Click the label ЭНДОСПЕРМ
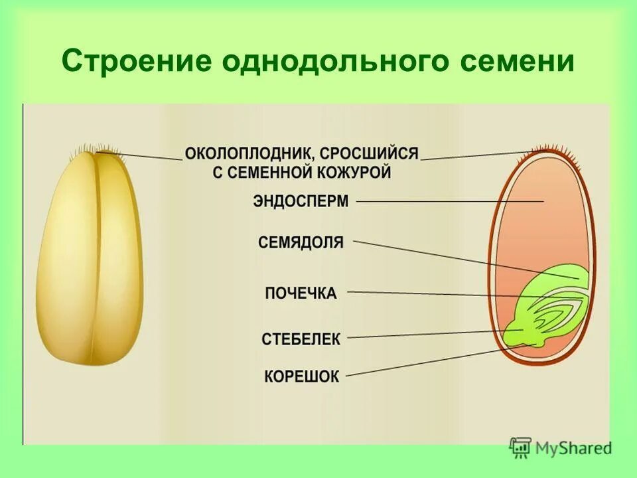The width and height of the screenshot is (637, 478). click(301, 200)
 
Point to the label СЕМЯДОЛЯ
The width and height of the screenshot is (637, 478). click(301, 242)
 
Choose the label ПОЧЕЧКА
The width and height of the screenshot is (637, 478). click(301, 293)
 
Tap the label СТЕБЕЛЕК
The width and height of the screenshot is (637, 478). click(301, 339)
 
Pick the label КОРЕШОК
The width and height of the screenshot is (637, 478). click(301, 376)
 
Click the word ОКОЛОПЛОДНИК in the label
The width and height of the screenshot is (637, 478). click(249, 154)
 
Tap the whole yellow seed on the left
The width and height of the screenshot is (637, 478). click(90, 259)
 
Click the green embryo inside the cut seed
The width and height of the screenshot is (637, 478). click(551, 312)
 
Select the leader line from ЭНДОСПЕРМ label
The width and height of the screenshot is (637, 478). click(451, 200)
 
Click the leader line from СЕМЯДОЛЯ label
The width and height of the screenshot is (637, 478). click(464, 259)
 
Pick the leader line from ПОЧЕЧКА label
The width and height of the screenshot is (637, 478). click(464, 294)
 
